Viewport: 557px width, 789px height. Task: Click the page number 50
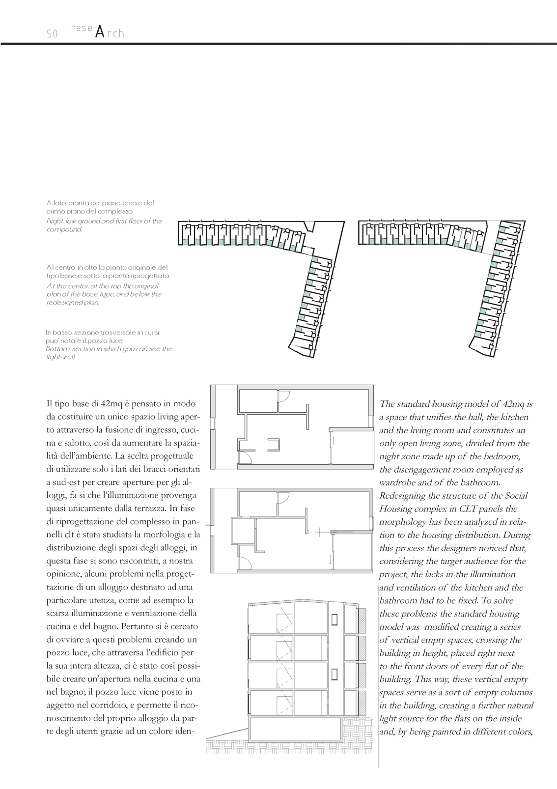(52, 34)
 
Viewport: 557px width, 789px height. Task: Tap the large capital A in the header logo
(99, 32)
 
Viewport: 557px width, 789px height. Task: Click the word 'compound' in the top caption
(64, 229)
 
